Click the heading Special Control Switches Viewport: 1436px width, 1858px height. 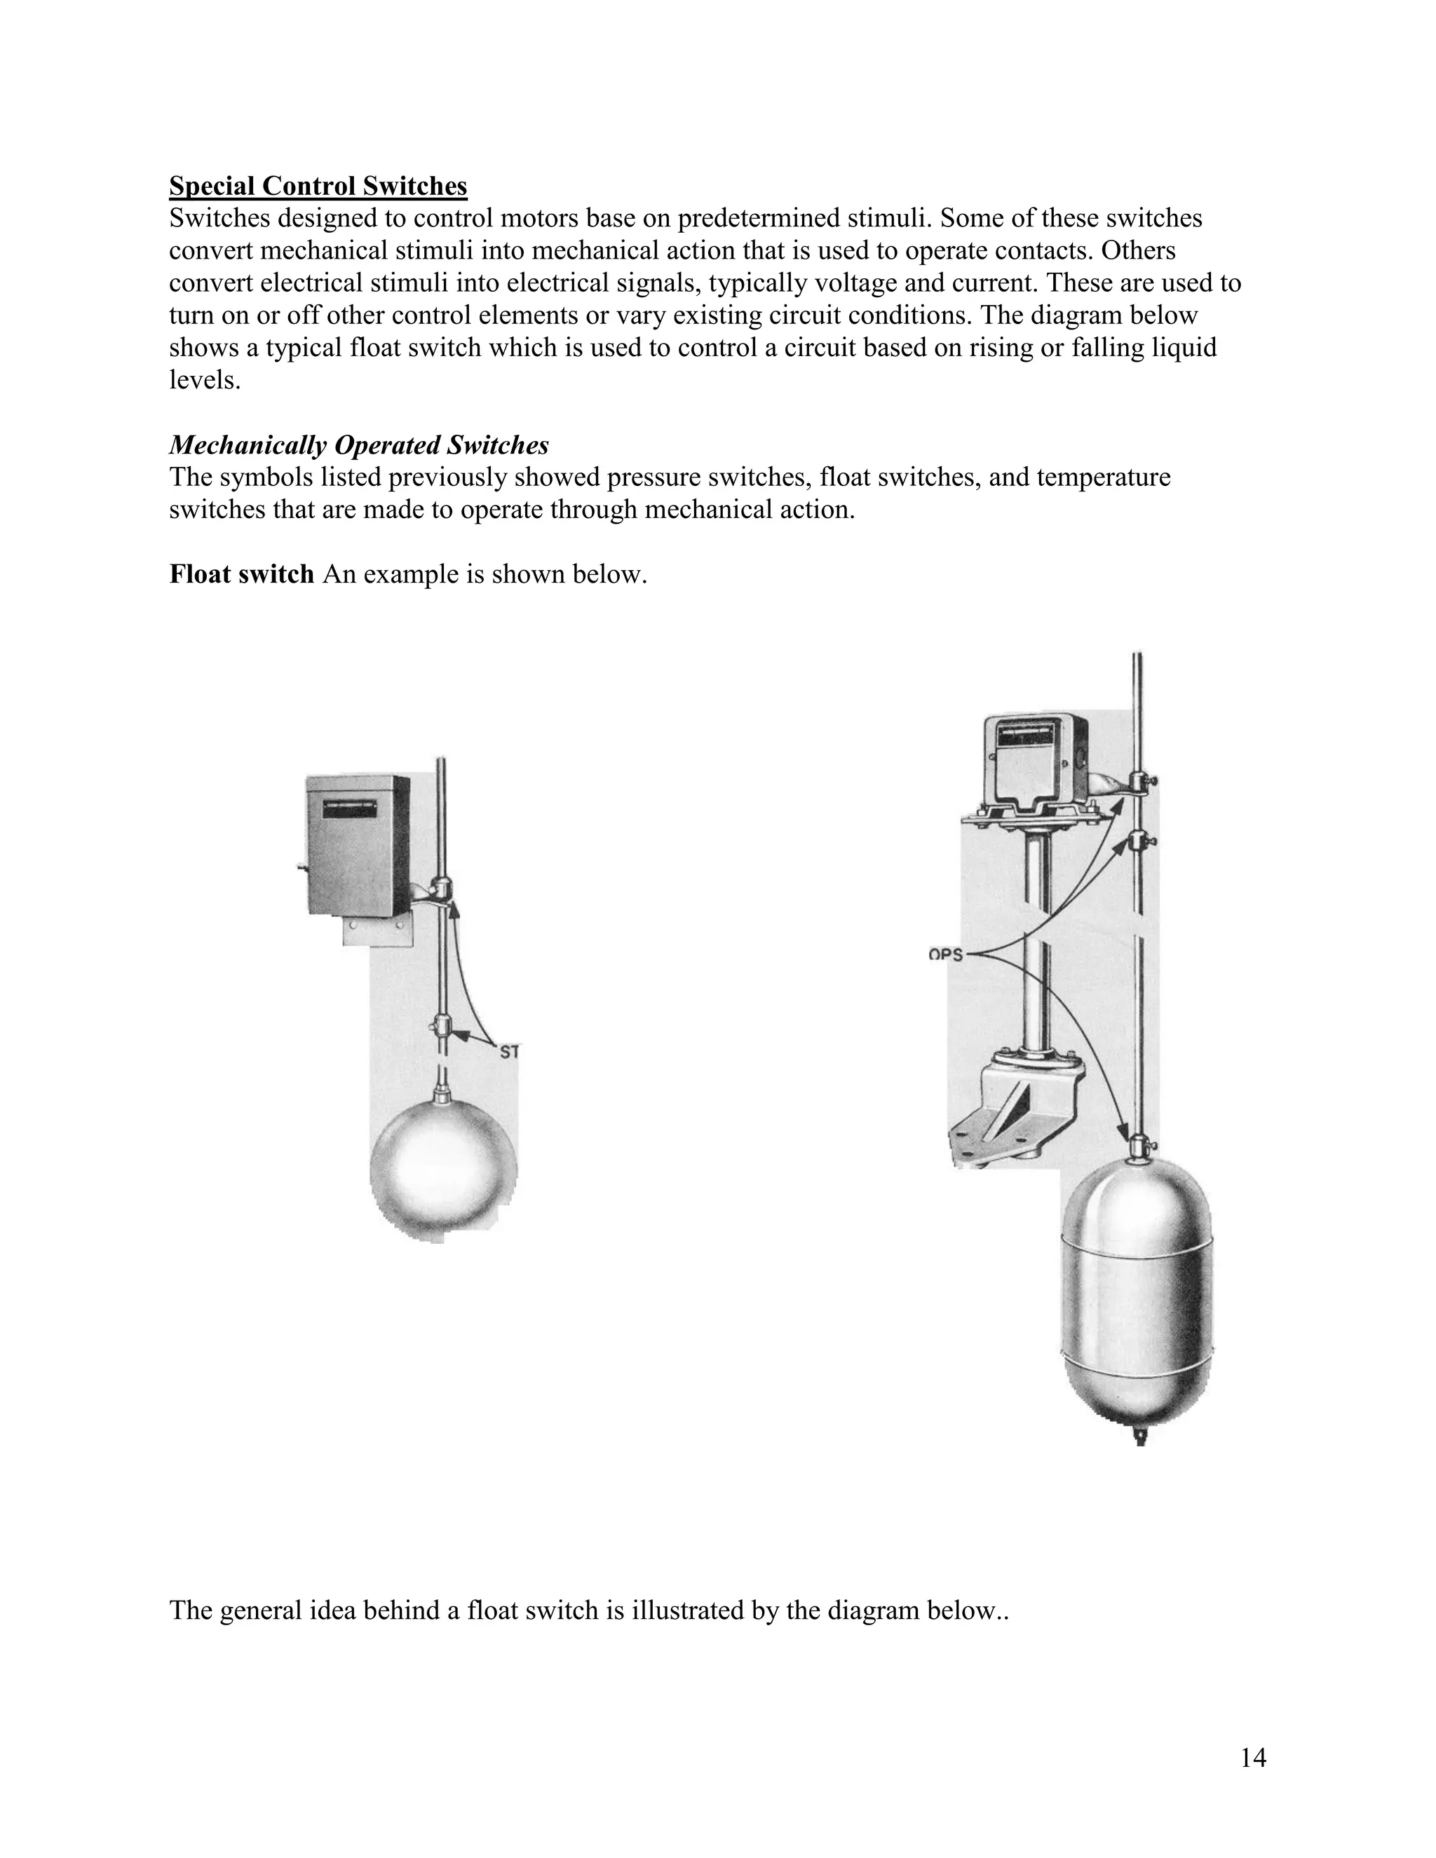click(x=318, y=186)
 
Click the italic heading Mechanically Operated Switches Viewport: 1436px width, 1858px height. click(x=358, y=445)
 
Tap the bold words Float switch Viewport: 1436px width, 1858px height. click(x=242, y=574)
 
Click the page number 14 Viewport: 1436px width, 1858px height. click(x=1253, y=1758)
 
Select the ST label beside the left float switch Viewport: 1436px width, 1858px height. click(x=509, y=1052)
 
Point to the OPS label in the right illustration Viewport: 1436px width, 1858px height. click(x=945, y=954)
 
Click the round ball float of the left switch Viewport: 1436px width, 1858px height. click(x=443, y=1173)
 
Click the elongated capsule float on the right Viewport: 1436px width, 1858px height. click(x=1137, y=1297)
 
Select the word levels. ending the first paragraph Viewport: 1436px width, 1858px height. click(x=205, y=380)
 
